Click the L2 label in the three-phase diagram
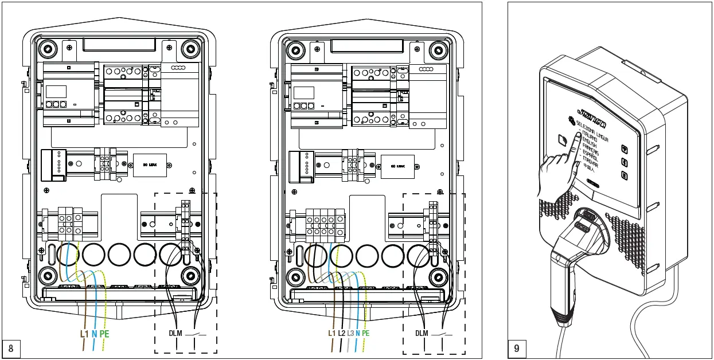tap(341, 333)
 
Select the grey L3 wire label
tap(350, 333)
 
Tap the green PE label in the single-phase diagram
tap(104, 333)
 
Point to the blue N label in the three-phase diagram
tap(358, 333)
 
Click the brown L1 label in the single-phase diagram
tap(84, 333)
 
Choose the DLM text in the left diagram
tap(175, 333)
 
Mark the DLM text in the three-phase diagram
tap(422, 333)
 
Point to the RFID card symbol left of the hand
tap(562, 140)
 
